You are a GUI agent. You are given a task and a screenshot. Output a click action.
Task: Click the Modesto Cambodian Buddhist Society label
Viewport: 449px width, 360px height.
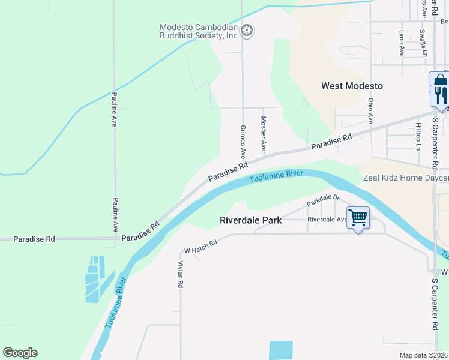[199, 32]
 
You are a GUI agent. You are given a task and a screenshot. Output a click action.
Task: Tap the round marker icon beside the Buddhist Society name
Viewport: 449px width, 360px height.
[246, 29]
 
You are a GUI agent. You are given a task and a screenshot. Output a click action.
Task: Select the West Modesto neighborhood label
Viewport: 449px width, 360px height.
[352, 86]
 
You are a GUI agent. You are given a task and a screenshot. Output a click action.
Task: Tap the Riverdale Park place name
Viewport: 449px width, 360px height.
[251, 220]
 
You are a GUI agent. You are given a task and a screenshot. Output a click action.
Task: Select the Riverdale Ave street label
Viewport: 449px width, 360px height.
[327, 220]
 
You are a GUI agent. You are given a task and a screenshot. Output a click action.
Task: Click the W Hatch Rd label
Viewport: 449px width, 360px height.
[200, 246]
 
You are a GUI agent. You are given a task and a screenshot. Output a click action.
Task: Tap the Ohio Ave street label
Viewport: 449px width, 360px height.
[371, 112]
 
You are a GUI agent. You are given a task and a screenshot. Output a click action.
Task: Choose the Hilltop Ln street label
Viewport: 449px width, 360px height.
[418, 136]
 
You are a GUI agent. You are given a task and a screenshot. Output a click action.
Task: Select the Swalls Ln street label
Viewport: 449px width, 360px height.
[423, 43]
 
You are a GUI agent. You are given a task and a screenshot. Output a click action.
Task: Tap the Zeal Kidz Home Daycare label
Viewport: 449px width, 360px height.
[406, 178]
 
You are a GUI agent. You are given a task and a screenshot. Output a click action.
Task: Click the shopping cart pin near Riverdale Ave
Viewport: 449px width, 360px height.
[358, 217]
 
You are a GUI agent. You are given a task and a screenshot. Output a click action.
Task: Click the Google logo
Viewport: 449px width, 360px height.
[20, 353]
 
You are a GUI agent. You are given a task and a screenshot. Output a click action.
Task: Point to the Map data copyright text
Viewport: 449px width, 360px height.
[424, 355]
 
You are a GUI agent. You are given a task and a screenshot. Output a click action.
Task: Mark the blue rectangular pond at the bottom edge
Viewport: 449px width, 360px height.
[281, 350]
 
